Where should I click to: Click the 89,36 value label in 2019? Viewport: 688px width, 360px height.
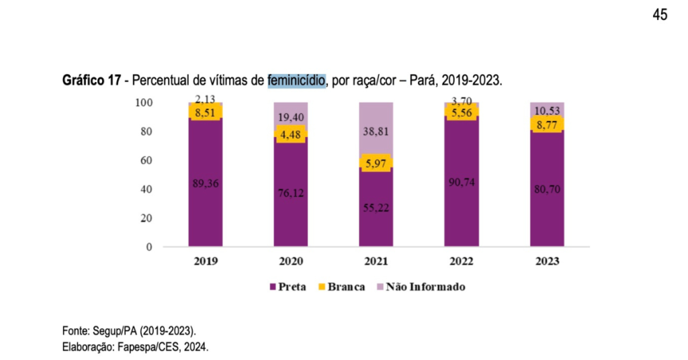click(x=205, y=183)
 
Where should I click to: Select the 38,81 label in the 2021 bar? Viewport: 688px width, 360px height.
click(x=376, y=132)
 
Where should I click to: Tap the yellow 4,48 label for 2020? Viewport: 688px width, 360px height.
click(x=290, y=134)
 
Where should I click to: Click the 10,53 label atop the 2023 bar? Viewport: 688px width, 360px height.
click(x=546, y=110)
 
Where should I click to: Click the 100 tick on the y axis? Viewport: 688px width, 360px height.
click(x=144, y=103)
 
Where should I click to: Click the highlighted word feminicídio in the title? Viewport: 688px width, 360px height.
click(x=296, y=81)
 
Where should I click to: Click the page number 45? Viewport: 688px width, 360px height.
click(x=659, y=15)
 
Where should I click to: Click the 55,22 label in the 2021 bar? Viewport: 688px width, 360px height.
click(x=376, y=208)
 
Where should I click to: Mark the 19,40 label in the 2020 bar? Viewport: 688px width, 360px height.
click(x=290, y=118)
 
